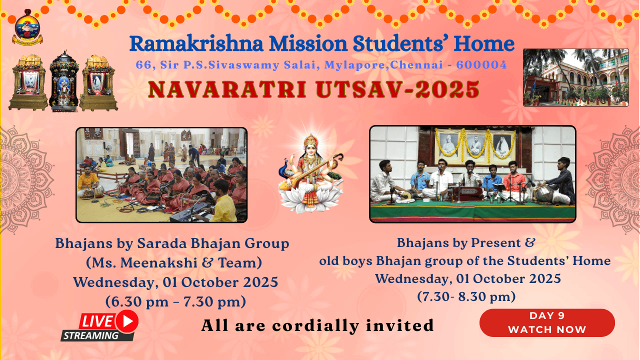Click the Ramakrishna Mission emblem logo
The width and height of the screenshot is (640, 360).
[27, 27]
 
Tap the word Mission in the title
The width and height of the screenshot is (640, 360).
[308, 43]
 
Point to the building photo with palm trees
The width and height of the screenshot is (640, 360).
[575, 77]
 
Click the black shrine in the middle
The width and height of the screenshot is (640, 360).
[64, 81]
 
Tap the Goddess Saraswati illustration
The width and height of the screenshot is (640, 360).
[311, 173]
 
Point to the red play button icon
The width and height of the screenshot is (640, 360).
[127, 321]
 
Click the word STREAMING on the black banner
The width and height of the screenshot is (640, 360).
[91, 335]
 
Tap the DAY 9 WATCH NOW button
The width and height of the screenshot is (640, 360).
[547, 323]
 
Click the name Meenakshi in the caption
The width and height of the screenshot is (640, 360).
[159, 262]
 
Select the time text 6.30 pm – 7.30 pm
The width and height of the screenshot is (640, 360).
[175, 301]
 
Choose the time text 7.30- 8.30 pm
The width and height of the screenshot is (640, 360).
[466, 296]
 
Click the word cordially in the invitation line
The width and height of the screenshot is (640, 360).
[315, 325]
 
